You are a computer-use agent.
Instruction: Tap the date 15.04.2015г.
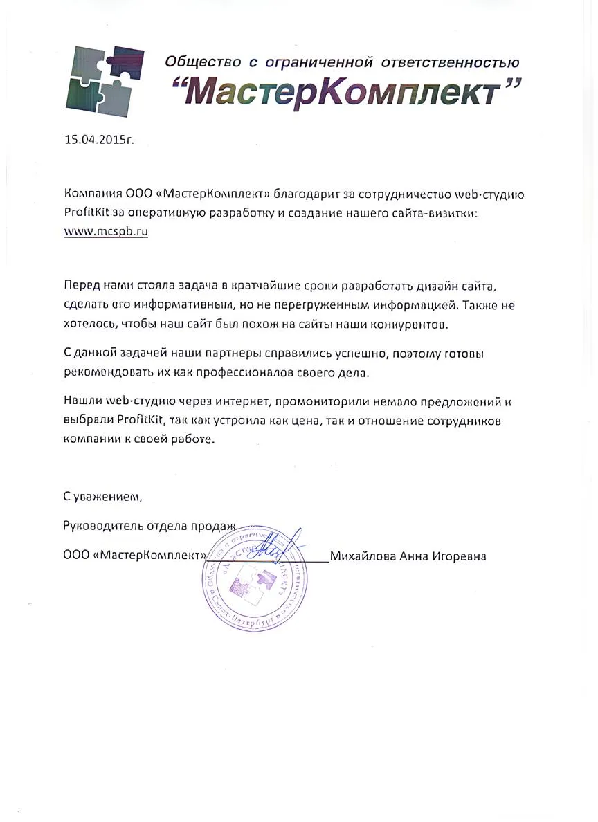pyautogui.click(x=98, y=139)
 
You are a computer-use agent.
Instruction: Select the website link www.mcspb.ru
pyautogui.click(x=106, y=232)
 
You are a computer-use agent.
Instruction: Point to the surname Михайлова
pyautogui.click(x=362, y=556)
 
